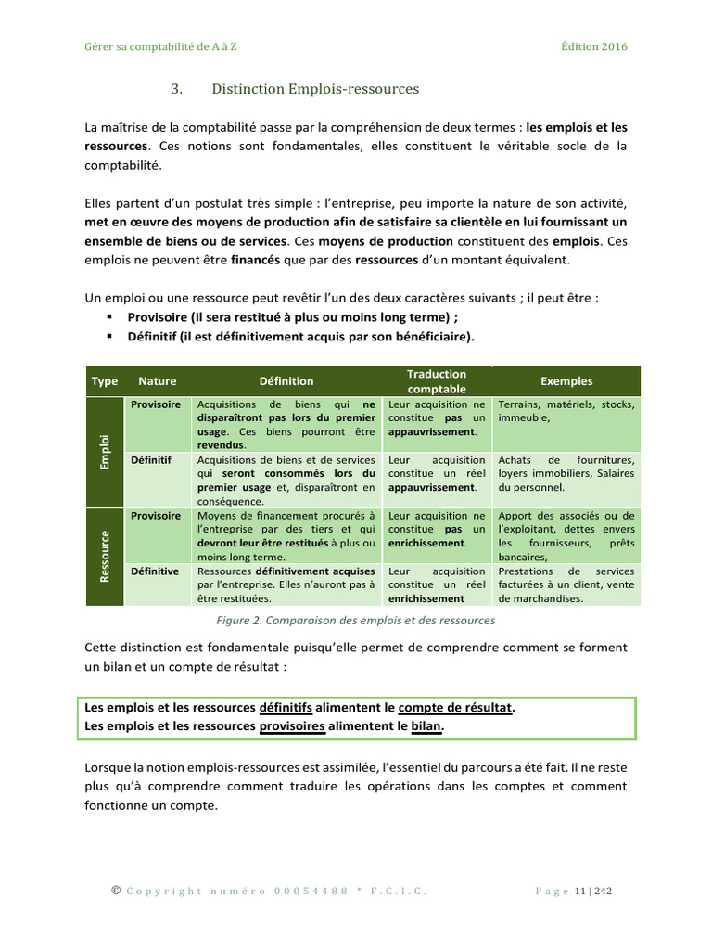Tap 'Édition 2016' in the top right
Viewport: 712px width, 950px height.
pyautogui.click(x=593, y=46)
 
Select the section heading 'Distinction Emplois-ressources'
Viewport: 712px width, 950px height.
pyautogui.click(x=315, y=89)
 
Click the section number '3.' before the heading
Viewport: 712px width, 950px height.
pyautogui.click(x=176, y=89)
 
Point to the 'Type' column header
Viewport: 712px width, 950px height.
pyautogui.click(x=105, y=381)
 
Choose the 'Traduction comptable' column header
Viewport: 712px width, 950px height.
pyautogui.click(x=437, y=381)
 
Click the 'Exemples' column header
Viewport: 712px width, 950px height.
pyautogui.click(x=566, y=381)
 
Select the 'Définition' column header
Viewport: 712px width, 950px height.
pyautogui.click(x=286, y=381)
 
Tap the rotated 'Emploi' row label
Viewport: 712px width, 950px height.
pyautogui.click(x=105, y=452)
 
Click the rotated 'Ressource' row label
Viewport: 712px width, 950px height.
pyautogui.click(x=105, y=557)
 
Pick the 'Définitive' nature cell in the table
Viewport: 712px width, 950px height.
pyautogui.click(x=157, y=571)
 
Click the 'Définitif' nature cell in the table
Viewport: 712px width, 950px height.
pyautogui.click(x=151, y=460)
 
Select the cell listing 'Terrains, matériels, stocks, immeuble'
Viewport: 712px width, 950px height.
pyautogui.click(x=566, y=411)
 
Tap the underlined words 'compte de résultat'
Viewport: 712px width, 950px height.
pyautogui.click(x=454, y=708)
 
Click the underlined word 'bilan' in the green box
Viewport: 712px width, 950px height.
pyautogui.click(x=426, y=726)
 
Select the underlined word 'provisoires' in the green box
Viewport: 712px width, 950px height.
pyautogui.click(x=292, y=726)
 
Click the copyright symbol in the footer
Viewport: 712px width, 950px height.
pyautogui.click(x=116, y=891)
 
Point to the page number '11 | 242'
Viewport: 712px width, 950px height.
pyautogui.click(x=593, y=892)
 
